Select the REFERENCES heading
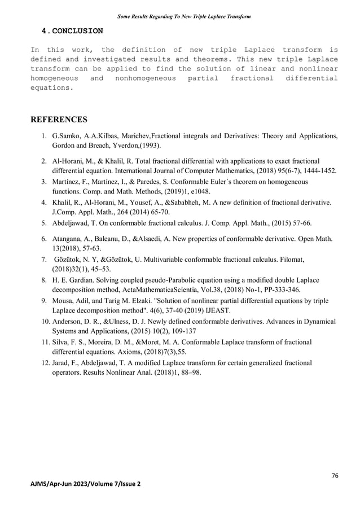pos(59,120)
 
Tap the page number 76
pos(335,476)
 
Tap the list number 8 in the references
pos(43,280)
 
